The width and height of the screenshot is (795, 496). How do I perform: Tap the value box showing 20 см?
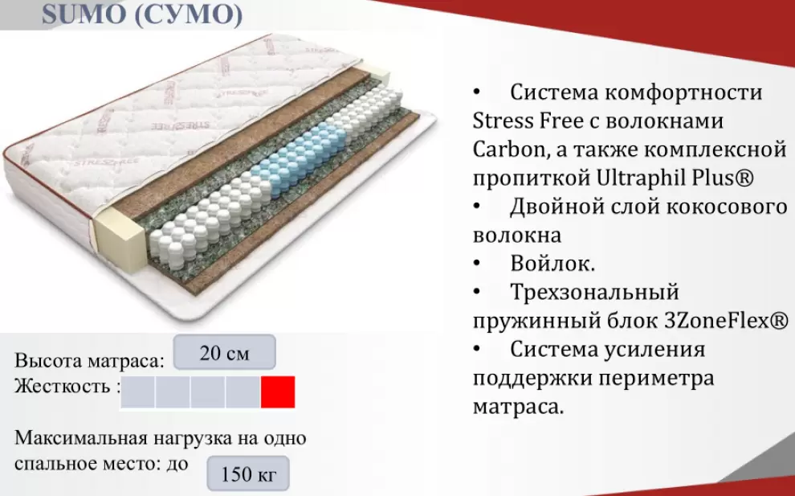225,352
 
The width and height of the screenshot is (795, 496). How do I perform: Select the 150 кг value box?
248,473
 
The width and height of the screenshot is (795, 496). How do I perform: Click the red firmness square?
278,391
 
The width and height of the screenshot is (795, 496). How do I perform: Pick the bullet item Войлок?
552,264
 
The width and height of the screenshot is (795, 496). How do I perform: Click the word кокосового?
726,207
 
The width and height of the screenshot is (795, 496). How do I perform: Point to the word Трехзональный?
595,293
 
